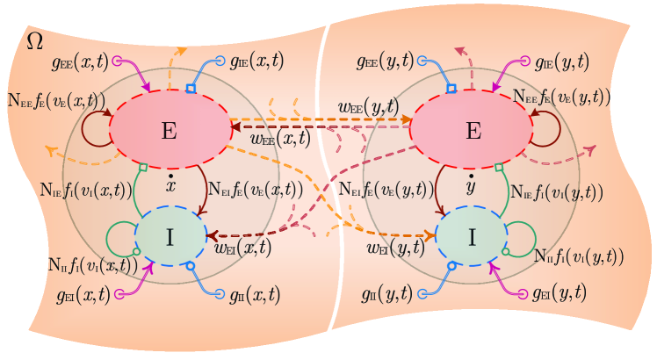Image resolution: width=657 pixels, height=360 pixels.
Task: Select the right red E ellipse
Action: click(473, 129)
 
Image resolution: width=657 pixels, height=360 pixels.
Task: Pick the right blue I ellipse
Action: click(473, 236)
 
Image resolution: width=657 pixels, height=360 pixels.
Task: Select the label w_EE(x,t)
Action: click(281, 138)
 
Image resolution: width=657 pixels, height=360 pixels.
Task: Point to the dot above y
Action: click(473, 179)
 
